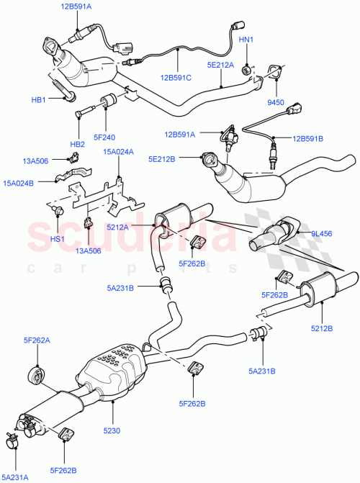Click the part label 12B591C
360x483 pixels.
pos(176,78)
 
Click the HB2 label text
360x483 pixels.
pos(77,144)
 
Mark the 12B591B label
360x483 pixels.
pos(309,137)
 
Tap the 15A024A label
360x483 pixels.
pos(118,152)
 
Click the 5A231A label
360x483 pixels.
pos(18,477)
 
